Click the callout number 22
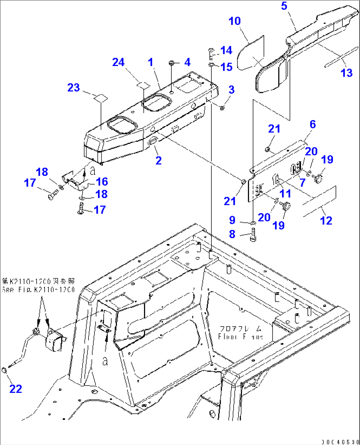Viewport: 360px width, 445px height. [16, 389]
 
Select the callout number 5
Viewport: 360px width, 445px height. [284, 6]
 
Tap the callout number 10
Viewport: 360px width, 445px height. [234, 21]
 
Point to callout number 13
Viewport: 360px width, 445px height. [346, 73]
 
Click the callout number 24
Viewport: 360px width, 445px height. [118, 62]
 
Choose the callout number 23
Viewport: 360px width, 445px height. [74, 87]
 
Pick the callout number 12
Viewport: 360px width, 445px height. [326, 221]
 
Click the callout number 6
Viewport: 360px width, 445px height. [312, 124]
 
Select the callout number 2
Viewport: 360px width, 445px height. [159, 160]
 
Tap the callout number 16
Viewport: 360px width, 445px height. [102, 182]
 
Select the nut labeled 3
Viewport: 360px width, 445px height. [222, 108]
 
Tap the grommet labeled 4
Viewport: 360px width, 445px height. [172, 63]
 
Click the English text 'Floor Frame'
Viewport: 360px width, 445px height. [240, 336]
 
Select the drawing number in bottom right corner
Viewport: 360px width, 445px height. [340, 442]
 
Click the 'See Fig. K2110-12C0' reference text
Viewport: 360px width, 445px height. [38, 290]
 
